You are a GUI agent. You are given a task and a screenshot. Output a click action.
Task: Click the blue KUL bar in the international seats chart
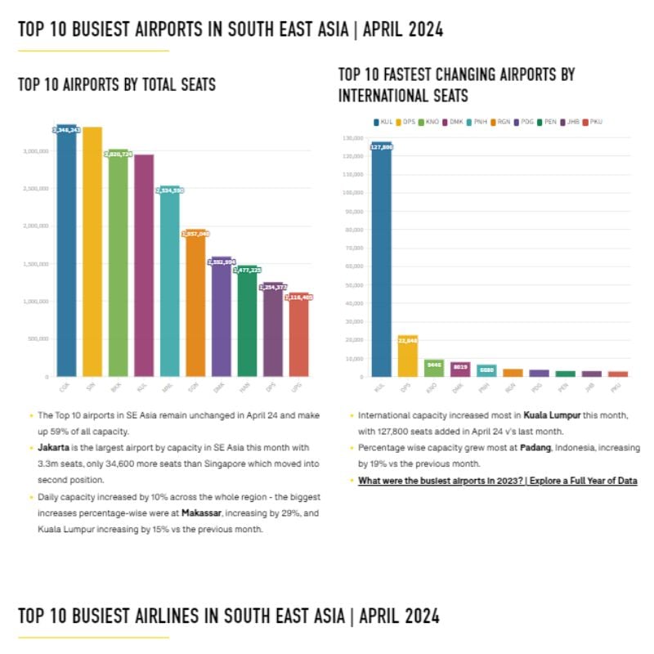point(381,262)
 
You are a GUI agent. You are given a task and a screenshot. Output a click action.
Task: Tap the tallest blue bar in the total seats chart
point(66,253)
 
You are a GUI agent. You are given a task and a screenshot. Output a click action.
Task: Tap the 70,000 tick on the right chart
point(352,248)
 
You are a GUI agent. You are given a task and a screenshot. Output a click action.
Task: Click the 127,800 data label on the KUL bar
point(381,147)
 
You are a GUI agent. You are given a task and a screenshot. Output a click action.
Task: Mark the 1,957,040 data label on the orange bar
point(195,234)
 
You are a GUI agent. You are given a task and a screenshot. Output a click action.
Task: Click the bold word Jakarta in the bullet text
point(53,449)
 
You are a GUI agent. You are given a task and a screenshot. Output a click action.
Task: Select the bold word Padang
point(536,449)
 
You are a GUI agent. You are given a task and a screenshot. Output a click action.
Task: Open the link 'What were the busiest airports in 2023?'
point(497,481)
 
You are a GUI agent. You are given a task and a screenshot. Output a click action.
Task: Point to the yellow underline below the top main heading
point(93,51)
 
